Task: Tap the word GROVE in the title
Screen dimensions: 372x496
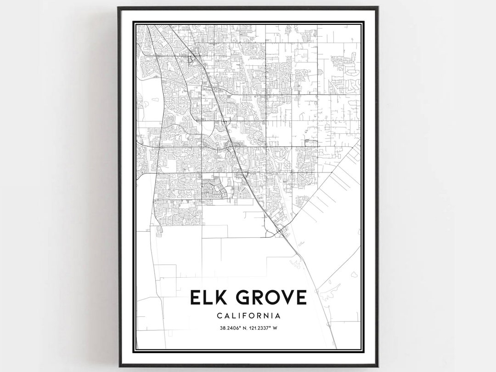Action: pyautogui.click(x=268, y=298)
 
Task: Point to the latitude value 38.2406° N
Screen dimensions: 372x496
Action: pyautogui.click(x=231, y=328)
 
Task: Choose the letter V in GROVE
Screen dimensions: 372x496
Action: pyautogui.click(x=285, y=298)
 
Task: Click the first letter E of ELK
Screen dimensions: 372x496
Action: pyautogui.click(x=196, y=298)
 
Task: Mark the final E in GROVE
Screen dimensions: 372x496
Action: pyautogui.click(x=300, y=298)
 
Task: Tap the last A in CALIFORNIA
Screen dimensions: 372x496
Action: pyautogui.click(x=277, y=316)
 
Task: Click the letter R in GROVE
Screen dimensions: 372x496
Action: pyautogui.click(x=254, y=298)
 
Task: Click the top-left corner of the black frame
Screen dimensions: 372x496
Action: pyautogui.click(x=118, y=7)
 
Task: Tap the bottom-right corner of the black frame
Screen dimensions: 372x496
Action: pyautogui.click(x=378, y=366)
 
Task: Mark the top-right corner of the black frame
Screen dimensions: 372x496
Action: pyautogui.click(x=378, y=7)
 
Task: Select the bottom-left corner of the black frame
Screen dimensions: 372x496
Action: pyautogui.click(x=118, y=366)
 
